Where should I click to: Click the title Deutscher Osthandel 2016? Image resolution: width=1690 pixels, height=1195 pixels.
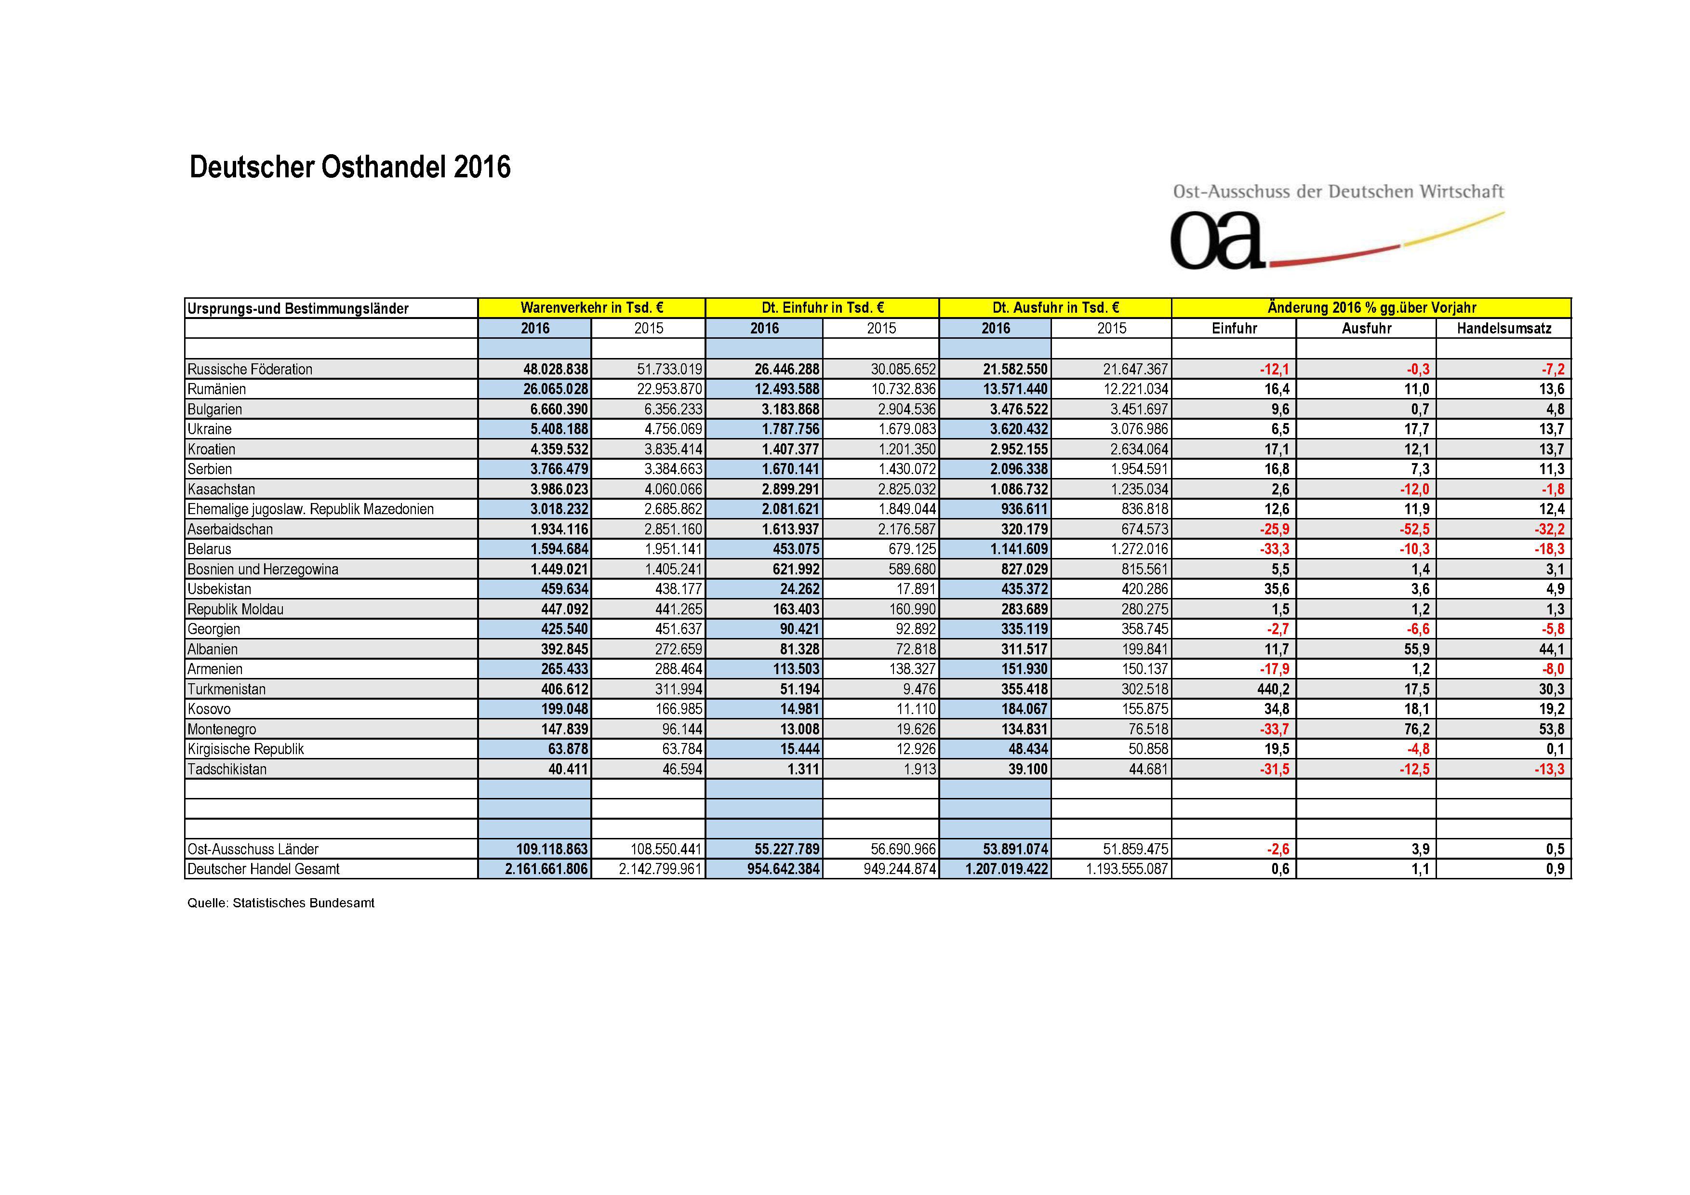point(350,168)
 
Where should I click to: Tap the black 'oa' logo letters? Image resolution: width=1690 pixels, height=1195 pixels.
point(1216,240)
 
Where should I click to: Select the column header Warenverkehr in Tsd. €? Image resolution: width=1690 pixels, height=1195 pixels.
point(591,307)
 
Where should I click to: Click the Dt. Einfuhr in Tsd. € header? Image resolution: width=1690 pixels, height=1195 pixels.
point(822,307)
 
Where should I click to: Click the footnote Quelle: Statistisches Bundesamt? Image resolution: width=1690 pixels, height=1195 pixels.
point(280,903)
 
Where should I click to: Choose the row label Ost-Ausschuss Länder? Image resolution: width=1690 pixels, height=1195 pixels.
point(253,849)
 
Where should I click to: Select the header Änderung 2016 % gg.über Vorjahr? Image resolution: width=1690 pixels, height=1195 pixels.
point(1371,307)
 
